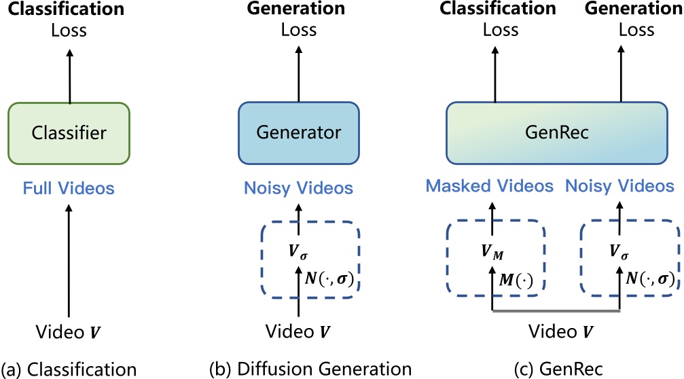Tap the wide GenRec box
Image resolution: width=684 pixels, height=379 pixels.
click(560, 133)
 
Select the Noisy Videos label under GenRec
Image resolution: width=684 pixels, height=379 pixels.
click(620, 186)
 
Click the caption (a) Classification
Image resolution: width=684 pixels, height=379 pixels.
click(69, 369)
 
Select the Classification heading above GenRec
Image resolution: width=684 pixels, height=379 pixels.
click(499, 9)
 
